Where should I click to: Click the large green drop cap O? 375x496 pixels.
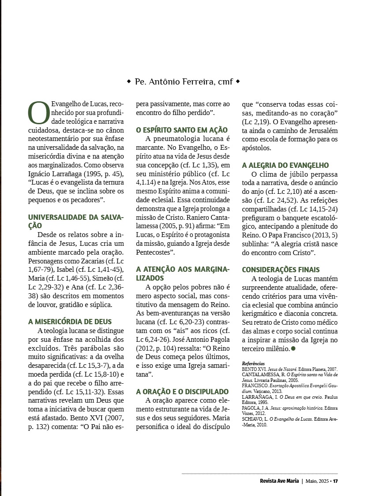point(38,113)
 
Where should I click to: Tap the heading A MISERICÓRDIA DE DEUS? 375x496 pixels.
point(70,322)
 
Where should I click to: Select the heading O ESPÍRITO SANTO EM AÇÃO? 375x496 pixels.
point(182,130)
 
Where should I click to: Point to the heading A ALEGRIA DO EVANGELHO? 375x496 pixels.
point(285,165)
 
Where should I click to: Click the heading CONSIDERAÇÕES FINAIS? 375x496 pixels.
point(281,270)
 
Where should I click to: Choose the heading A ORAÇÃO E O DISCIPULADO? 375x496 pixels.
point(182,391)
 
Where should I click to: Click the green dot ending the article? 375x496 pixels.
point(293,348)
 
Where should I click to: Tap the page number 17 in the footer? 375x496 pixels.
point(335,481)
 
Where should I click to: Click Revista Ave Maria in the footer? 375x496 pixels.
point(279,481)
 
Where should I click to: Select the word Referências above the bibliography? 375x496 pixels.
point(253,363)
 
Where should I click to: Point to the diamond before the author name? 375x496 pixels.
point(129,81)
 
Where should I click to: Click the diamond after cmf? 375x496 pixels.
point(238,81)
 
